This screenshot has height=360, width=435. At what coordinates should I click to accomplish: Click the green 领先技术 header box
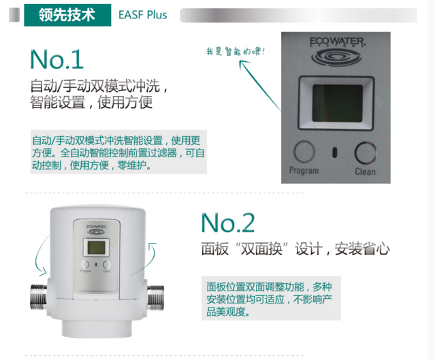[x=67, y=15]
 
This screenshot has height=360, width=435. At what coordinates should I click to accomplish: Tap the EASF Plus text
[x=142, y=15]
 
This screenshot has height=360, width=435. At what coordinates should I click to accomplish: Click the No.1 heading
[x=57, y=59]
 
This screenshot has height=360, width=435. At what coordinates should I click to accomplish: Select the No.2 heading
[x=228, y=223]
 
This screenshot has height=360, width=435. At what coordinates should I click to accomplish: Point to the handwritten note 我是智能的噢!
[x=236, y=51]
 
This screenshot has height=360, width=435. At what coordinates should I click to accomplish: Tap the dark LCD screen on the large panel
[x=338, y=103]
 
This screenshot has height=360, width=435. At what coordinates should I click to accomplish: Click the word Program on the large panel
[x=304, y=170]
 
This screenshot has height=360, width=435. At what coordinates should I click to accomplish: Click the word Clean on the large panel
[x=365, y=171]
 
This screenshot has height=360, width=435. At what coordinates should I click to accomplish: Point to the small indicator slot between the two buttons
[x=335, y=153]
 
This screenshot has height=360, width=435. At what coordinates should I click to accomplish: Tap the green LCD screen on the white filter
[x=96, y=248]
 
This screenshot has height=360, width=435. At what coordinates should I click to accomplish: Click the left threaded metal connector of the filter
[x=39, y=297]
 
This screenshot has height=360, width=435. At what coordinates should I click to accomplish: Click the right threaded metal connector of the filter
[x=155, y=297]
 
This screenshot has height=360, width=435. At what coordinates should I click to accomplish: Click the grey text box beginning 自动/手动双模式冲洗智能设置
[x=118, y=152]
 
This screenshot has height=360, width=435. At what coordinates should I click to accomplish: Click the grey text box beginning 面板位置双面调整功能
[x=271, y=299]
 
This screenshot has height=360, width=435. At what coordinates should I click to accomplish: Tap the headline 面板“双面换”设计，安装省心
[x=295, y=248]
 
